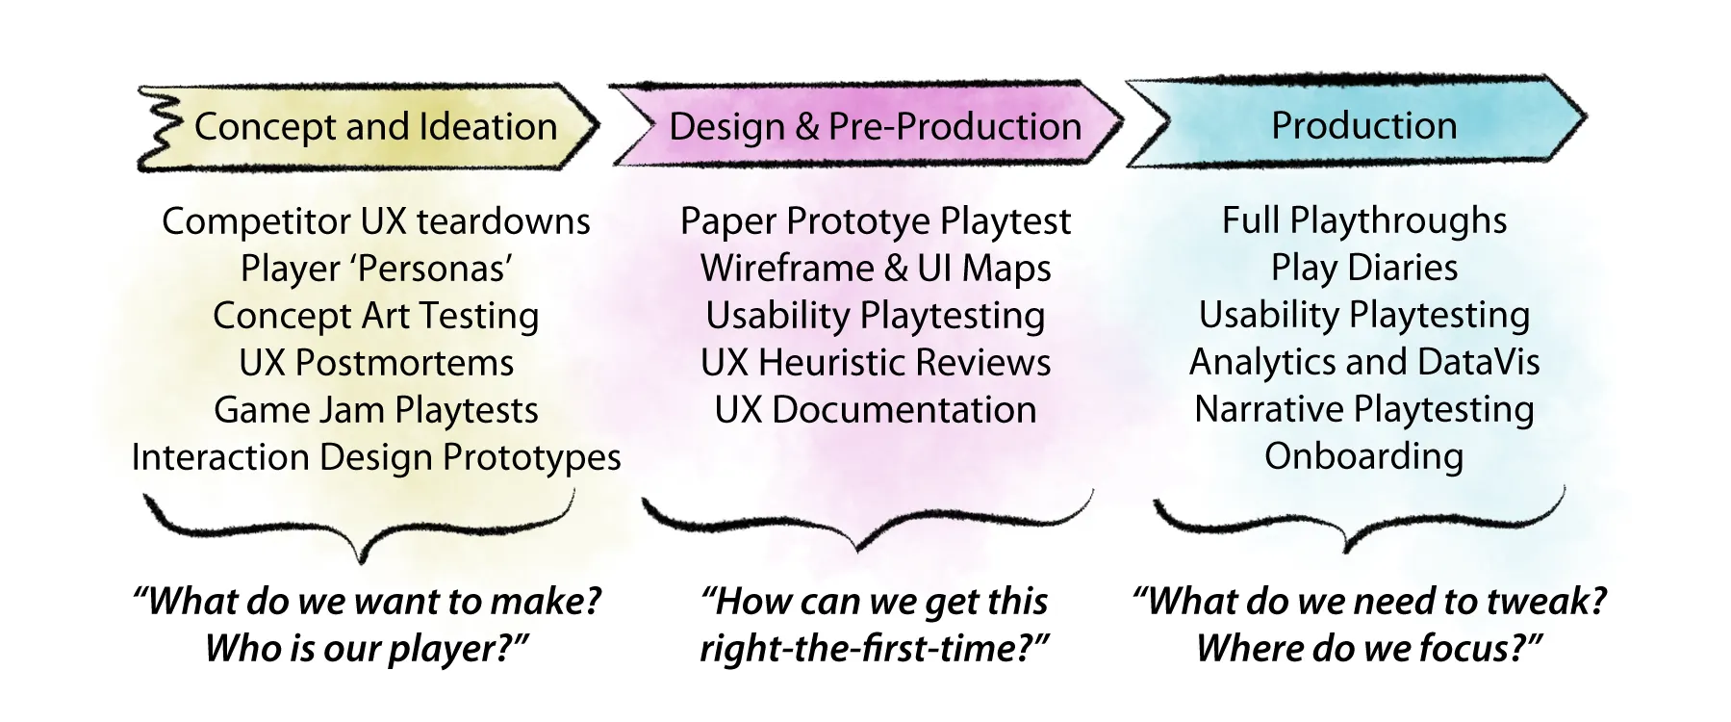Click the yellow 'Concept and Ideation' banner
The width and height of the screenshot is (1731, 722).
tap(375, 127)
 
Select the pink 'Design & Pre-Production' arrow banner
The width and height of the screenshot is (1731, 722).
tap(874, 127)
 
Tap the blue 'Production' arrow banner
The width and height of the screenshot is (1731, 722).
tap(1363, 125)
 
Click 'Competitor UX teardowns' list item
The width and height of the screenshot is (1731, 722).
tap(375, 221)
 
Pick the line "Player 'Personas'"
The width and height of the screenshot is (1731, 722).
tap(375, 269)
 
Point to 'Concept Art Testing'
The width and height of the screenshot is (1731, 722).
tap(375, 316)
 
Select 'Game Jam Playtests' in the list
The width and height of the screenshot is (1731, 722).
tap(375, 410)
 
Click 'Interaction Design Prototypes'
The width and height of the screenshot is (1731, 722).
tap(375, 457)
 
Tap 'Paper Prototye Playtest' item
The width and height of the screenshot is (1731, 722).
tap(875, 221)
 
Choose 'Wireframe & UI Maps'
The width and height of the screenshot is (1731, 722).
tap(875, 269)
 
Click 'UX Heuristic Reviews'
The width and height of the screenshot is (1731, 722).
tap(875, 363)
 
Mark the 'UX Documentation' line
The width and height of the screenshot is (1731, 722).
tap(875, 410)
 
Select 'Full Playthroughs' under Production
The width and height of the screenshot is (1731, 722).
tap(1363, 220)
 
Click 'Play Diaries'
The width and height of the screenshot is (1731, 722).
tap(1363, 268)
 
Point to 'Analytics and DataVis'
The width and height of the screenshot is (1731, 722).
tap(1363, 362)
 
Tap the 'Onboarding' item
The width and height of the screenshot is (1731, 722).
tap(1363, 456)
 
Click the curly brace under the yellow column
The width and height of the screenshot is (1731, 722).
tap(361, 529)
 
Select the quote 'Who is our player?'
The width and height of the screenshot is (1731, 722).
tap(367, 648)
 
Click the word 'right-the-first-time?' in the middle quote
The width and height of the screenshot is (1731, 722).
tap(873, 648)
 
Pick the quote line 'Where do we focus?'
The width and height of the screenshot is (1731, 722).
tap(1368, 648)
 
